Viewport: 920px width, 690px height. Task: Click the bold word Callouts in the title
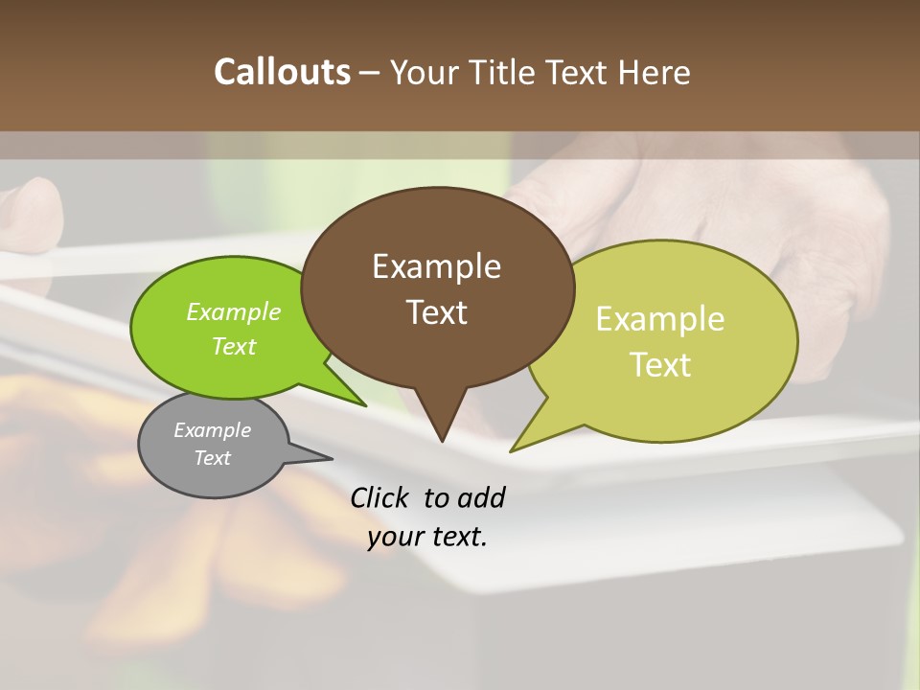click(x=282, y=72)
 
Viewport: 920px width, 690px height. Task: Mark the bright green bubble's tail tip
click(x=364, y=405)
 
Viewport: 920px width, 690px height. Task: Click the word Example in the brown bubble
click(x=436, y=266)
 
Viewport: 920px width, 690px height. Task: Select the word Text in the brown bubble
click(x=436, y=312)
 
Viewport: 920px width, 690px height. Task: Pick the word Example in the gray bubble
click(x=212, y=430)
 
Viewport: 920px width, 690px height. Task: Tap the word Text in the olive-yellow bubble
click(x=660, y=365)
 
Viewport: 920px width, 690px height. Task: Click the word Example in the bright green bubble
click(x=233, y=311)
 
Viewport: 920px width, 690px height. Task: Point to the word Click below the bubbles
click(x=380, y=497)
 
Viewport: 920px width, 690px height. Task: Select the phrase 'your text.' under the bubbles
click(x=427, y=537)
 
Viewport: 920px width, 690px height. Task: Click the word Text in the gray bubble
click(x=212, y=458)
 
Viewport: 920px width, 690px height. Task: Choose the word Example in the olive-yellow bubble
click(x=660, y=319)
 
